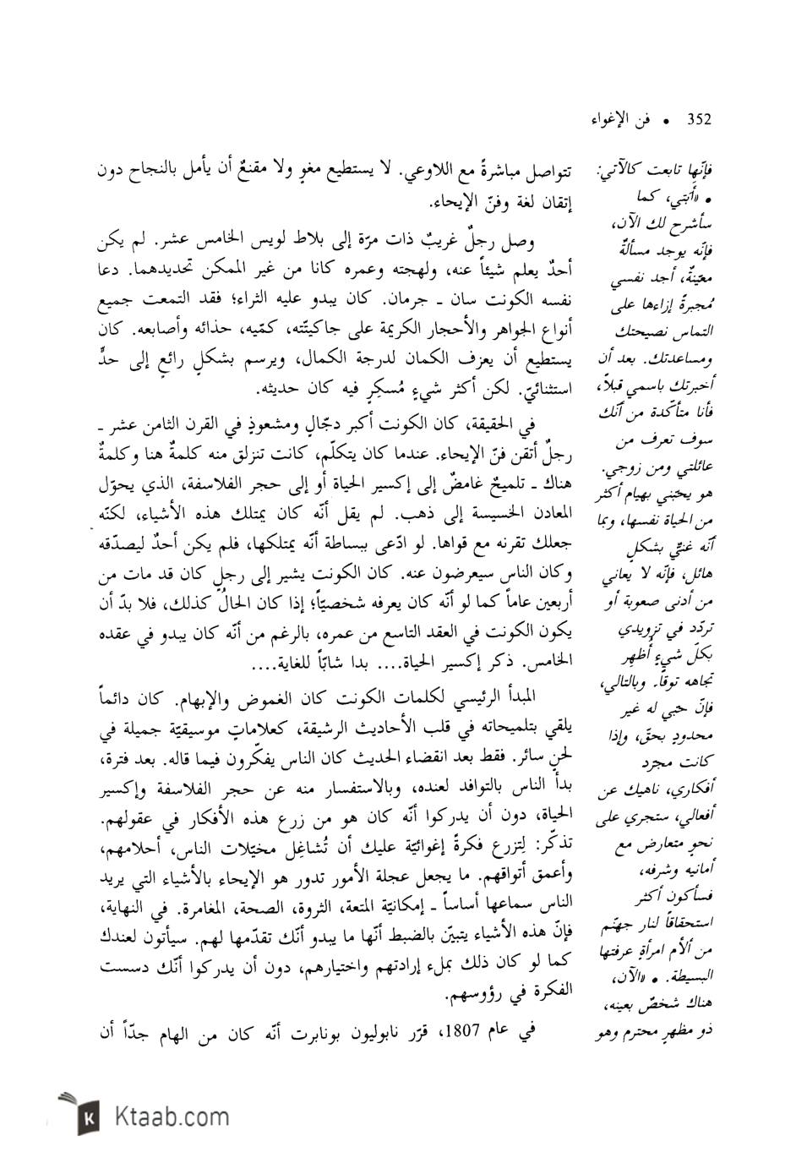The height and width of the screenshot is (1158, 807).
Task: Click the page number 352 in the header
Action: click(x=700, y=120)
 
